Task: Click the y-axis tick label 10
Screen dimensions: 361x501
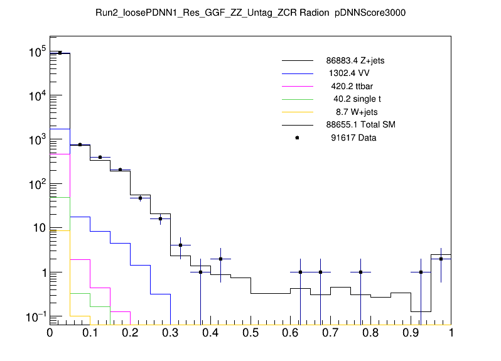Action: pos(36,229)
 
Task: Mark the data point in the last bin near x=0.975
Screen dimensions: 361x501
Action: pos(441,259)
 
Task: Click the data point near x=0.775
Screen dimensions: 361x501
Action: pos(360,272)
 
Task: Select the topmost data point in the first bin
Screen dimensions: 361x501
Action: pos(60,53)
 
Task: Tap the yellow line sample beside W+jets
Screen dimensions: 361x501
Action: pos(297,112)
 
